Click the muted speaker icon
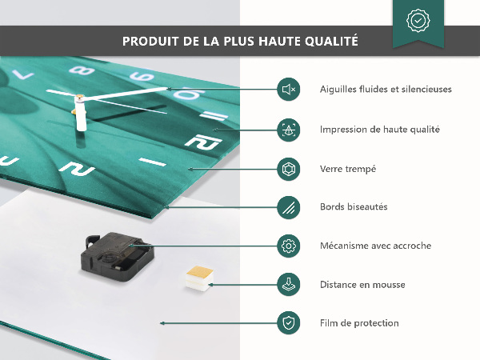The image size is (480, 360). click(x=288, y=90)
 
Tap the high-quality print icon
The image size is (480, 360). click(x=288, y=130)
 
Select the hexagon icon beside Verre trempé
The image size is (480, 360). click(x=288, y=169)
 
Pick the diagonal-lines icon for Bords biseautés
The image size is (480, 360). click(x=288, y=207)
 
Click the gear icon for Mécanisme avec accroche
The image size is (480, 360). click(x=288, y=246)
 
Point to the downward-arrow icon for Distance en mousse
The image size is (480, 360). click(x=288, y=284)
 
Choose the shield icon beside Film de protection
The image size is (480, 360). click(x=288, y=323)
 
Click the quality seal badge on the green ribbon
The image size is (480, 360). click(x=418, y=21)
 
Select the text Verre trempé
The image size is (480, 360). click(x=348, y=170)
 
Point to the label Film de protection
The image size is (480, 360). click(x=359, y=323)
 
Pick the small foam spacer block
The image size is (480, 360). click(x=199, y=278)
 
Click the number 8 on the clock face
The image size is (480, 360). click(x=82, y=70)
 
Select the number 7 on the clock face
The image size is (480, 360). click(x=22, y=74)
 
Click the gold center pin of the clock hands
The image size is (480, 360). click(x=79, y=98)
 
